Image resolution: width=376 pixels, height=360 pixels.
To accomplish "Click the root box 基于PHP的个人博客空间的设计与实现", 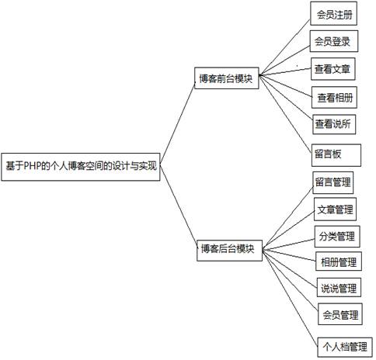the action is click(x=81, y=167).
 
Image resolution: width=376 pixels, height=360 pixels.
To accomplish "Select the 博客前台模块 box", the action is click(x=227, y=78).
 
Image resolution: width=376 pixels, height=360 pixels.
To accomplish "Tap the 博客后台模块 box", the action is click(x=229, y=251).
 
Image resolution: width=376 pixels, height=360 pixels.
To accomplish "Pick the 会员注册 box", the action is click(x=334, y=13).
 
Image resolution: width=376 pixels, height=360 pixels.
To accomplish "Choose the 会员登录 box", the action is click(x=334, y=41).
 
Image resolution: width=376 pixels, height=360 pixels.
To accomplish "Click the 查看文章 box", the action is click(x=333, y=69).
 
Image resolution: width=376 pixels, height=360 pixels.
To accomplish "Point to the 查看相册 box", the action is click(x=334, y=97).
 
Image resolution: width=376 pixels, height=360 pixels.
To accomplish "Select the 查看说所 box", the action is click(x=334, y=124).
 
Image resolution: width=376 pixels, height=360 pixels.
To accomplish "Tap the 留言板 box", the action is click(x=336, y=155).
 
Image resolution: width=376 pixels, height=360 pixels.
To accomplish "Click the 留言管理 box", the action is click(x=333, y=182).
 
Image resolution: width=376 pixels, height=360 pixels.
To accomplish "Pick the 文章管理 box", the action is click(x=335, y=209).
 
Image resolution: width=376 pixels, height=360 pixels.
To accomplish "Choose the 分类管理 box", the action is click(x=337, y=237).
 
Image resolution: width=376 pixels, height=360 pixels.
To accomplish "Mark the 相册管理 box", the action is click(x=339, y=261).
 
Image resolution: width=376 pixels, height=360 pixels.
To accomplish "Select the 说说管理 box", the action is click(x=339, y=287).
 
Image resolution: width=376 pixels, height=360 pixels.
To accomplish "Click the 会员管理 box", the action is click(x=340, y=314).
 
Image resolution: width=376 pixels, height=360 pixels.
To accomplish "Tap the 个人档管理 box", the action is click(x=345, y=348).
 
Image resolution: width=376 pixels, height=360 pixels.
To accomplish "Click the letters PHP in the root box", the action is click(x=33, y=166).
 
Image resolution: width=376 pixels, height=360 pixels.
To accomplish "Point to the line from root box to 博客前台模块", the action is click(x=178, y=122).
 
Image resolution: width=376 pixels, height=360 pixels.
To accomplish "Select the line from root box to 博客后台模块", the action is click(x=179, y=206).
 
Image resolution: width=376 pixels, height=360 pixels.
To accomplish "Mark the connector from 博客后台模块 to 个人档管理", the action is click(x=290, y=298).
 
